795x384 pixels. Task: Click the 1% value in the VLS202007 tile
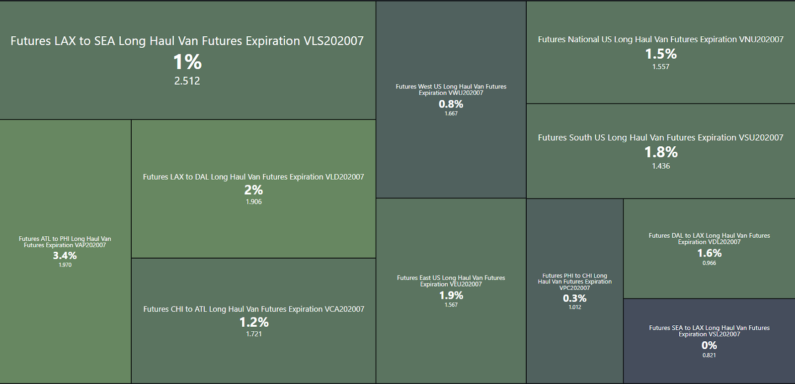pos(187,62)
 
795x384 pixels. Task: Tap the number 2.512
pos(187,81)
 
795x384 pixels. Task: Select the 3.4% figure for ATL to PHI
pos(65,256)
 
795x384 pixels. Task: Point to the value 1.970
pos(65,265)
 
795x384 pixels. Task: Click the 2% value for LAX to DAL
pos(253,190)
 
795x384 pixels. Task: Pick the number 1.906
pos(253,202)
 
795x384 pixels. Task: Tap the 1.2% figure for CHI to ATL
pos(254,322)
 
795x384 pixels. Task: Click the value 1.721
pos(254,334)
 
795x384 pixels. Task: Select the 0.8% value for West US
pos(451,104)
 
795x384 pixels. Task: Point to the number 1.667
pos(451,114)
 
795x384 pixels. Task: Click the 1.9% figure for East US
pos(451,295)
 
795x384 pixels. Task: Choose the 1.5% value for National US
pos(661,54)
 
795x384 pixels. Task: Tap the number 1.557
pos(661,67)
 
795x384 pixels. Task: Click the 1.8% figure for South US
pos(661,152)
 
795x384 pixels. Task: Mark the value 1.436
pos(661,166)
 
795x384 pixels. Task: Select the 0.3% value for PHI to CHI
pos(575,298)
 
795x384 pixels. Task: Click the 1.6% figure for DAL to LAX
pos(710,253)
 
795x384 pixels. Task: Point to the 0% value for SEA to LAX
pos(710,345)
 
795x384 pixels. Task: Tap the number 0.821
pos(710,356)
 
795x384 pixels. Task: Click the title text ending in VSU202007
pos(661,138)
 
